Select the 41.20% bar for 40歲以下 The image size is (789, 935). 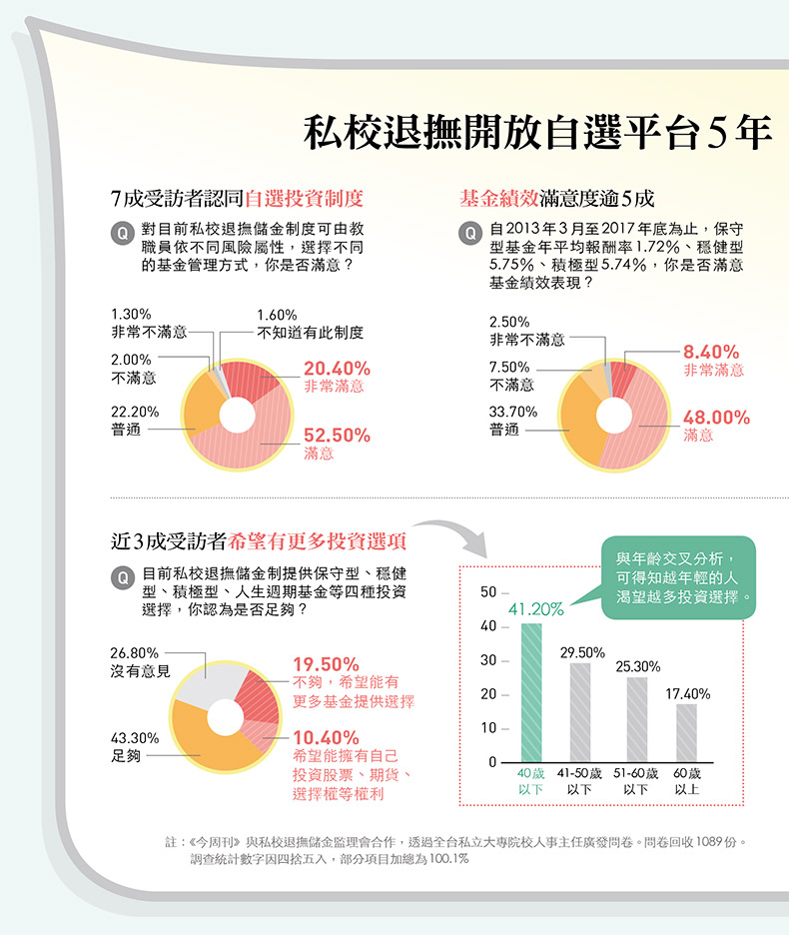coord(531,693)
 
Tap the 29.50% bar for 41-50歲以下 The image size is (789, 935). coord(580,712)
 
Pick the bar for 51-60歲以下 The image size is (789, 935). coord(637,719)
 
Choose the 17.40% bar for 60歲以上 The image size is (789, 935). coord(686,732)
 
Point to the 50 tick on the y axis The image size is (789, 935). coord(487,593)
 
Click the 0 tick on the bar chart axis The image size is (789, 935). coord(491,762)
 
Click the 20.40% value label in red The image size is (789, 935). coord(337,368)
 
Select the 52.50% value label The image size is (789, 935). coord(337,436)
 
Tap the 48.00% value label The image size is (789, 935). coord(716,418)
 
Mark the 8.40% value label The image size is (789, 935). coord(711,352)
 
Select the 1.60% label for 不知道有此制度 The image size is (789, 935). coord(278,315)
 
